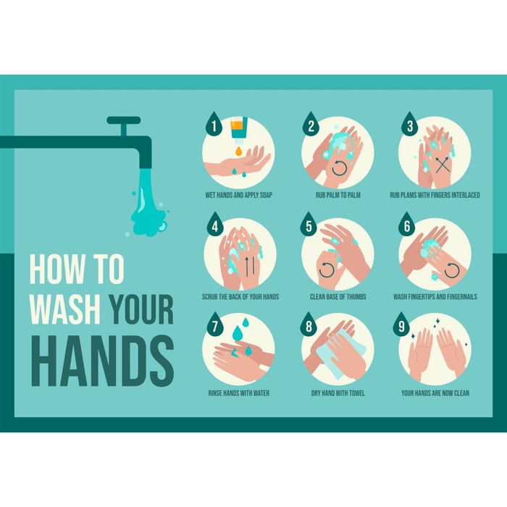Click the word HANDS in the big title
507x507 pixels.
(x=103, y=361)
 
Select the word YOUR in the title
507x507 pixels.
(x=141, y=309)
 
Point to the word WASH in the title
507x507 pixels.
(x=65, y=309)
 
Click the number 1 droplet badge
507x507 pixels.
(x=214, y=124)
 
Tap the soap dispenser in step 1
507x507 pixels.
(x=239, y=130)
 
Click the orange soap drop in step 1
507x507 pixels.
(x=238, y=151)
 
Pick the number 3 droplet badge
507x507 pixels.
(x=410, y=124)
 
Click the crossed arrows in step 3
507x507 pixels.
(x=443, y=164)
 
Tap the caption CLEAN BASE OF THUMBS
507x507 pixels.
(x=338, y=296)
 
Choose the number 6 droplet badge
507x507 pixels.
(x=407, y=225)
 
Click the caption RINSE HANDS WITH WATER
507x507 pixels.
(x=238, y=393)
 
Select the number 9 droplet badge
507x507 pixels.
(x=401, y=324)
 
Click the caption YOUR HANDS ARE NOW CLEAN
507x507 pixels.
(x=435, y=393)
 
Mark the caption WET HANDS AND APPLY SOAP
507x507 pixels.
(x=238, y=195)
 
